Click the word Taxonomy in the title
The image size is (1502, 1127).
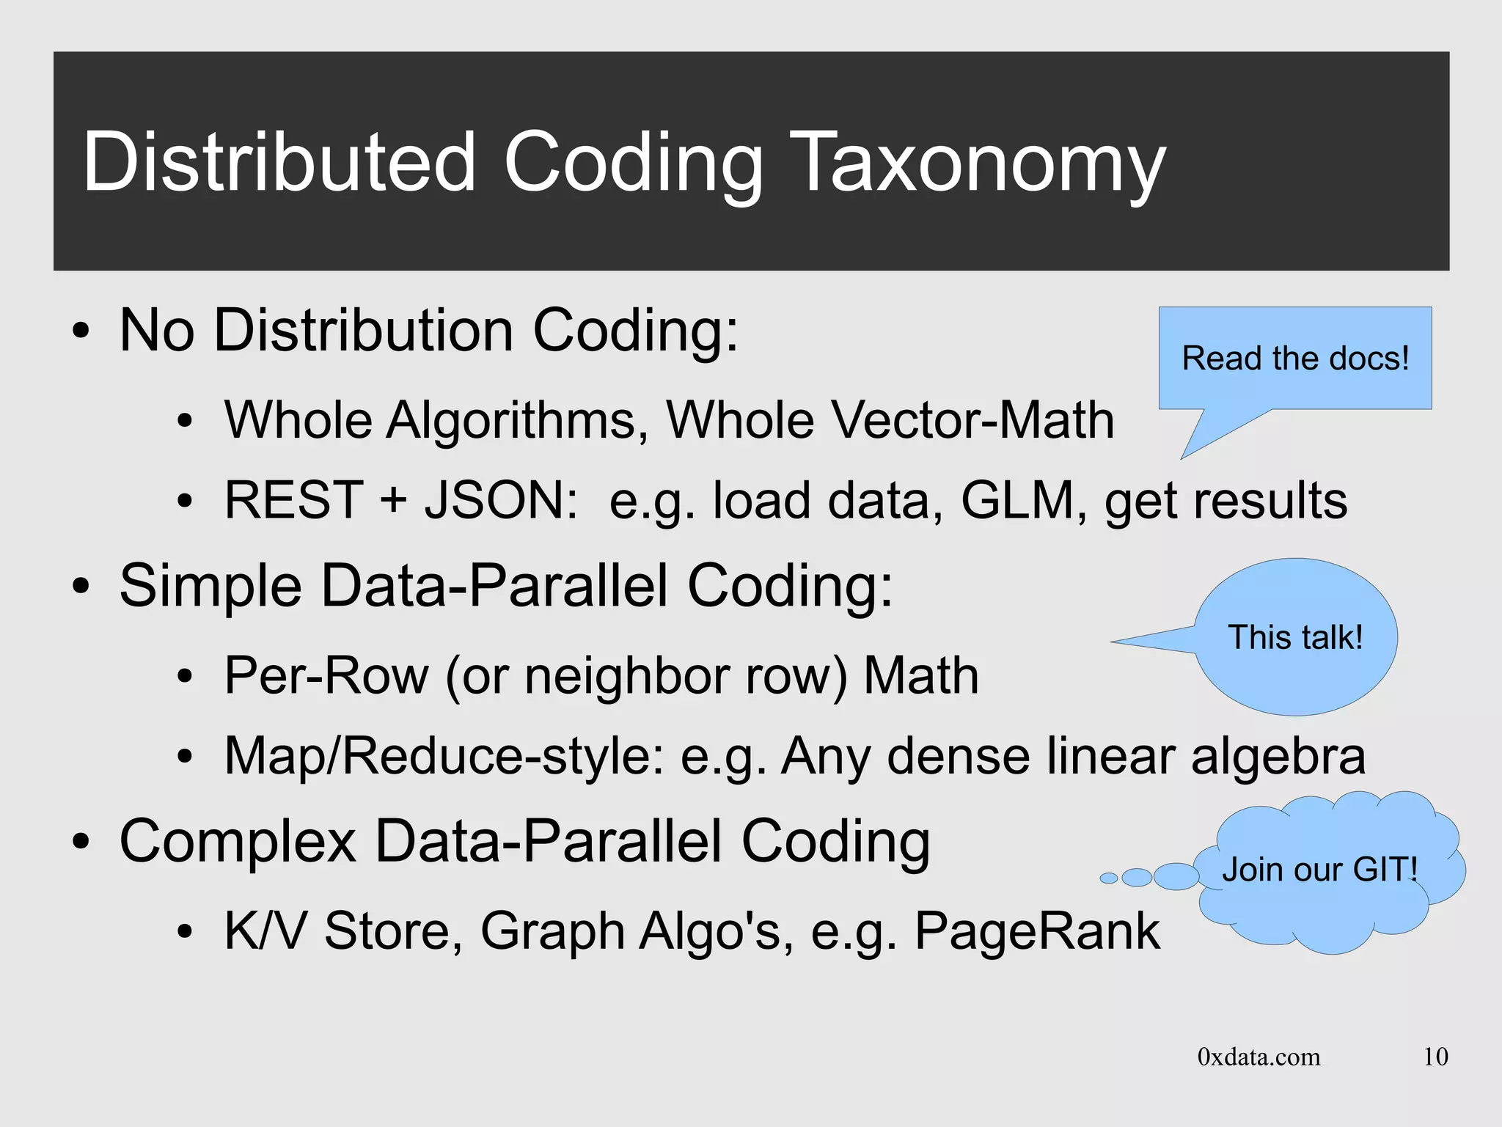pos(978,163)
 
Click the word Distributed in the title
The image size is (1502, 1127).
pos(280,163)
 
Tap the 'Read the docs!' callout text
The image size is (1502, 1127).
pos(1295,359)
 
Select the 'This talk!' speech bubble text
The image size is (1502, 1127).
pos(1295,637)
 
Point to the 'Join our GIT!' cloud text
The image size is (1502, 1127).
pos(1319,870)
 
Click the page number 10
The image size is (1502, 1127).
pos(1435,1057)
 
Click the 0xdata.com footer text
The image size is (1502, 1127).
pos(1259,1057)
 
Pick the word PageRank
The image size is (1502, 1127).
pos(1037,932)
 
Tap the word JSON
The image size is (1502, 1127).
pos(500,501)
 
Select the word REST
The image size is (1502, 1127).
pos(294,501)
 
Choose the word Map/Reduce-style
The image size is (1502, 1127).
pos(444,756)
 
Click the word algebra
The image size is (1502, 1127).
pos(1278,756)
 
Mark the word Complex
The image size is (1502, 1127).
pos(238,843)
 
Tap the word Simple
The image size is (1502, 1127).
pos(210,587)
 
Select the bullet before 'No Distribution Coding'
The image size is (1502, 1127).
pos(81,331)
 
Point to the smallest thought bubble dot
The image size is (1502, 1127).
pos(1109,878)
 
